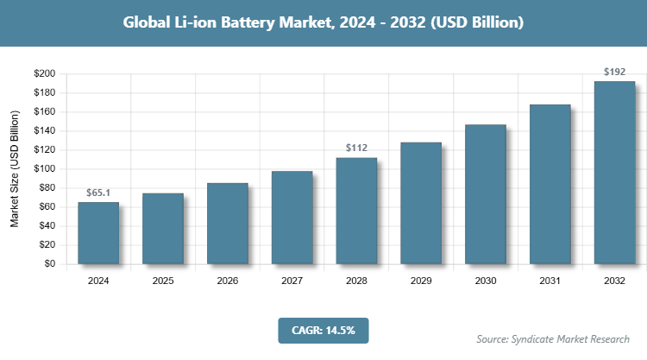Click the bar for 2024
tap(98, 233)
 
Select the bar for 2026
tap(227, 224)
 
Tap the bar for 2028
tap(356, 211)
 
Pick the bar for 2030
tap(486, 194)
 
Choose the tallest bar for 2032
tap(614, 173)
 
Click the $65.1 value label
tap(98, 193)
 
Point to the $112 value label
tap(356, 148)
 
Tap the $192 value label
tap(614, 72)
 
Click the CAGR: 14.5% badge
tap(323, 330)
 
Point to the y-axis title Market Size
tap(15, 169)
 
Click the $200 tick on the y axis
tap(45, 73)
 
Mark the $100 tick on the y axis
tap(45, 169)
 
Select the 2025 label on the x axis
tap(163, 281)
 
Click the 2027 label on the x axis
tap(292, 281)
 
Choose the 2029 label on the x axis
tap(421, 281)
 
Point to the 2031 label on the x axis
tap(550, 281)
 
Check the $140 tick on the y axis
tap(45, 131)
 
